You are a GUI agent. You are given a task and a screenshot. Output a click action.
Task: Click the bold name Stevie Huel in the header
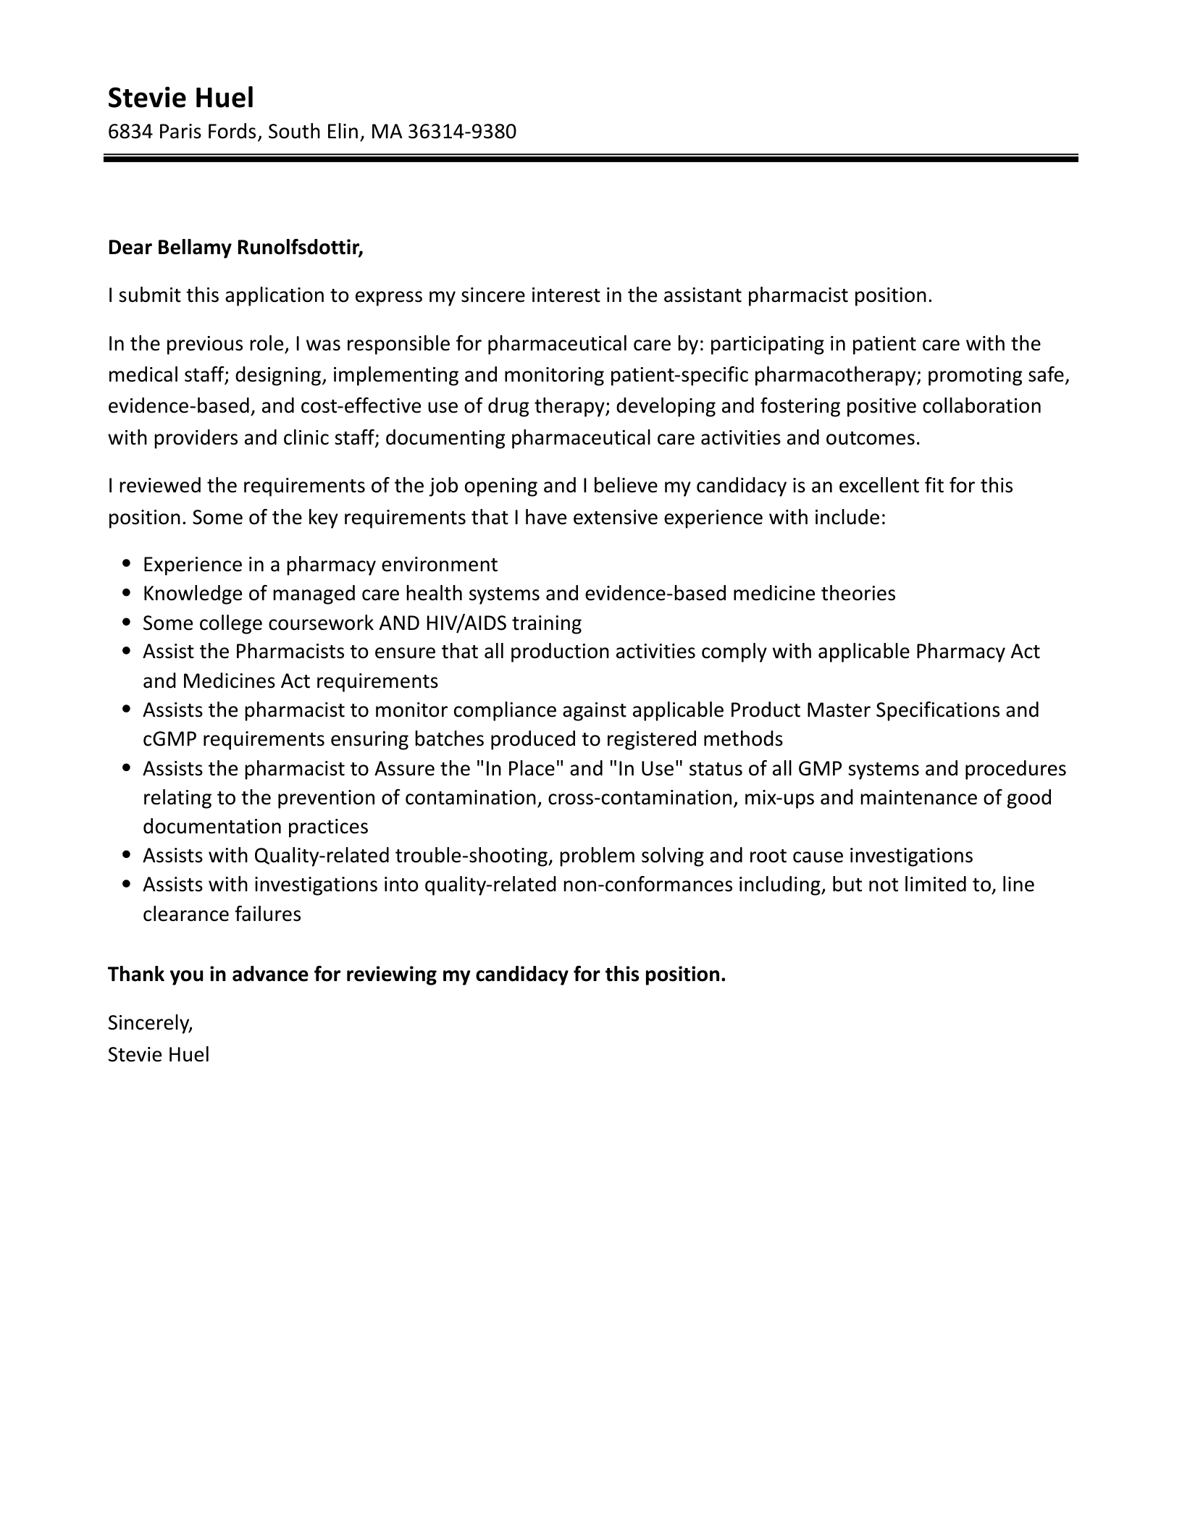(180, 98)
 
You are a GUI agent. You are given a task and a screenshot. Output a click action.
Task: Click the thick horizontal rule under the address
(590, 158)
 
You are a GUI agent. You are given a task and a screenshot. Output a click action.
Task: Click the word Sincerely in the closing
(149, 1022)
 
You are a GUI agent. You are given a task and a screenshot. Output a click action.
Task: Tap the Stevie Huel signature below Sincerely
(158, 1054)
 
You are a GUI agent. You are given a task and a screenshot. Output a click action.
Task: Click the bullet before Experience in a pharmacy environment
(127, 564)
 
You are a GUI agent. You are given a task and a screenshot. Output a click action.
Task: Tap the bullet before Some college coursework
(127, 623)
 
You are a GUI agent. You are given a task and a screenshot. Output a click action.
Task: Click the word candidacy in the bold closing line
(521, 975)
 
